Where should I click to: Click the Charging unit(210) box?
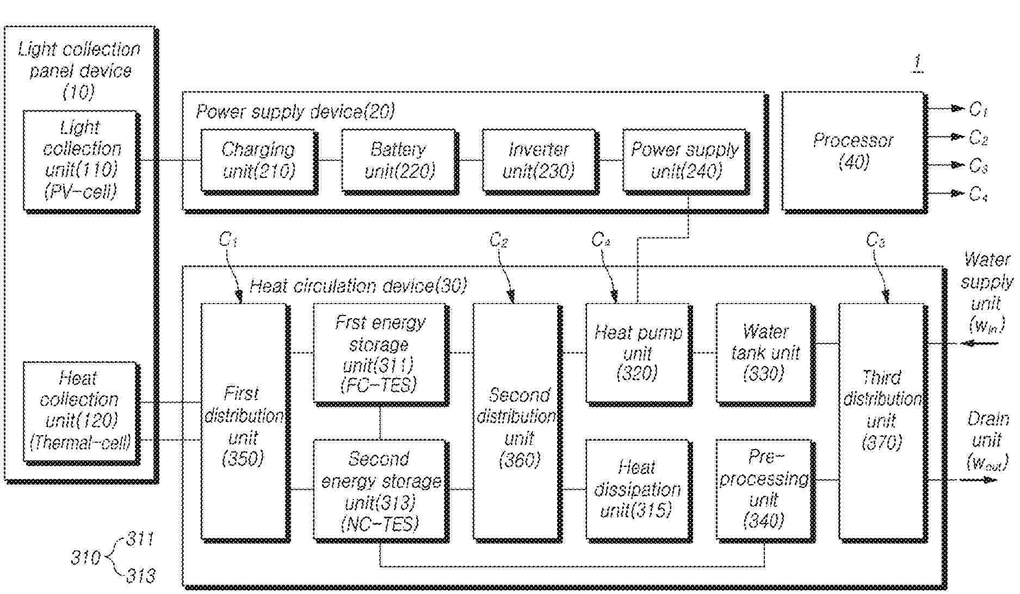(258, 160)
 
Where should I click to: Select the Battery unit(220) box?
(399, 160)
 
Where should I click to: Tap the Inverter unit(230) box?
(539, 160)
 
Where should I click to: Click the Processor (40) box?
(853, 151)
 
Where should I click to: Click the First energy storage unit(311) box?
(380, 354)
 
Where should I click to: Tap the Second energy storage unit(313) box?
(380, 490)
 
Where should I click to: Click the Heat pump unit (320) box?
(638, 354)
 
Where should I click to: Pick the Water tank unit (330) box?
(765, 354)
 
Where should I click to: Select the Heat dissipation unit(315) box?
(638, 490)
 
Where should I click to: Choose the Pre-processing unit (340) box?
(765, 490)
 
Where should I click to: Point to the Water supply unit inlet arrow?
(979, 343)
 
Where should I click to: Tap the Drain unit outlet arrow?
(979, 480)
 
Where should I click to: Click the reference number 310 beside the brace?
(85, 558)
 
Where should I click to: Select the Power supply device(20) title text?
(295, 112)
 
